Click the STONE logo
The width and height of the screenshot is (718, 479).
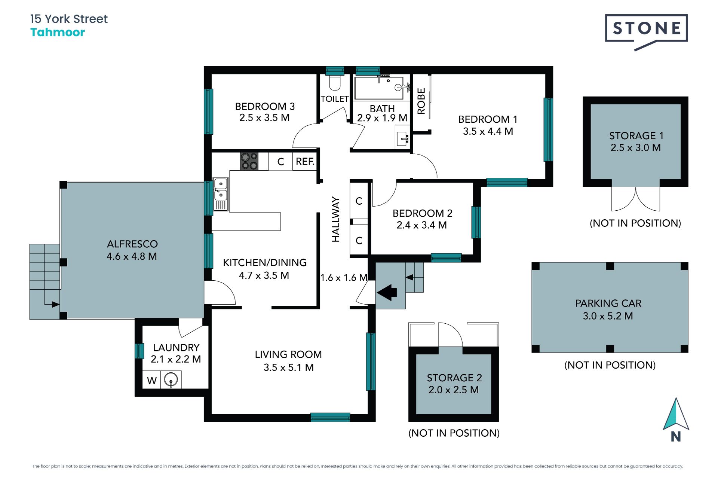click(646, 31)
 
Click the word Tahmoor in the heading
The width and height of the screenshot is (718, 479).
click(58, 33)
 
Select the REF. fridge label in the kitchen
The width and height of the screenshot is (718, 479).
click(305, 161)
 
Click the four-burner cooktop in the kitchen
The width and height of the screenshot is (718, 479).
click(249, 161)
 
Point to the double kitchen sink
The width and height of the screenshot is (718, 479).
click(220, 194)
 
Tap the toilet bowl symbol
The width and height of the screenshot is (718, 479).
click(335, 83)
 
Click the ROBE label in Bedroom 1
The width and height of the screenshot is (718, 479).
click(421, 101)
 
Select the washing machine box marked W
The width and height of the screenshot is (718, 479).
click(151, 380)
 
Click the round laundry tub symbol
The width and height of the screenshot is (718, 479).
click(171, 380)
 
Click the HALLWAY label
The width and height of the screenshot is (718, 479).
click(336, 219)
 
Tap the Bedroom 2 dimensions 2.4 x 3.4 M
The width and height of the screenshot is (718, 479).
click(422, 225)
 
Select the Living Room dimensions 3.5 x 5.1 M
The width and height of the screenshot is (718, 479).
click(288, 367)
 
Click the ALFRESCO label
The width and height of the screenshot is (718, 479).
click(132, 244)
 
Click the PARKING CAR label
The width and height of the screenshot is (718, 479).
click(608, 303)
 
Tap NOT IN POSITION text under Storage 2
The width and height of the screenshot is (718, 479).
click(454, 433)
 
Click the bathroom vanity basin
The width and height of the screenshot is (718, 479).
click(402, 137)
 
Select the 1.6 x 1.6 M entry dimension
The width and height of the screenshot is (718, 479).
click(344, 278)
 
